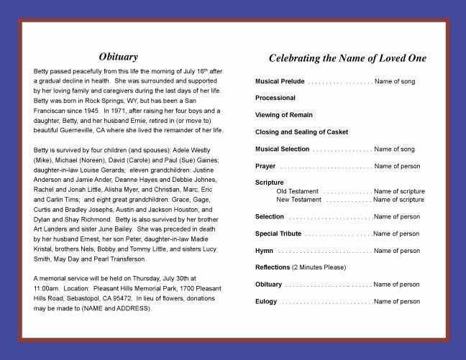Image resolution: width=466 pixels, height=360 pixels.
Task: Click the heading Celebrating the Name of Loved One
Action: (x=347, y=57)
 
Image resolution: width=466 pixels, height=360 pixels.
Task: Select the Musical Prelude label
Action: (x=283, y=81)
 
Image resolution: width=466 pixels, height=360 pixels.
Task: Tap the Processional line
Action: (x=275, y=98)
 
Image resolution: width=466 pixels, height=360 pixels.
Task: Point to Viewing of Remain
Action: (x=284, y=115)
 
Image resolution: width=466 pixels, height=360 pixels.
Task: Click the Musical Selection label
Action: (x=283, y=149)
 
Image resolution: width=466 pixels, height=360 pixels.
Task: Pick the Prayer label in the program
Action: (x=265, y=166)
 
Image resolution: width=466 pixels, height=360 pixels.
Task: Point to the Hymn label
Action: (x=264, y=250)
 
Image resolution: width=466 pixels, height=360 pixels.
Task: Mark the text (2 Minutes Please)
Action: (x=319, y=267)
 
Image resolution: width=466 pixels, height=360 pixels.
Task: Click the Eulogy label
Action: (x=266, y=302)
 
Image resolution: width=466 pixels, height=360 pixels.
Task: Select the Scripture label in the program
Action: (x=270, y=183)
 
